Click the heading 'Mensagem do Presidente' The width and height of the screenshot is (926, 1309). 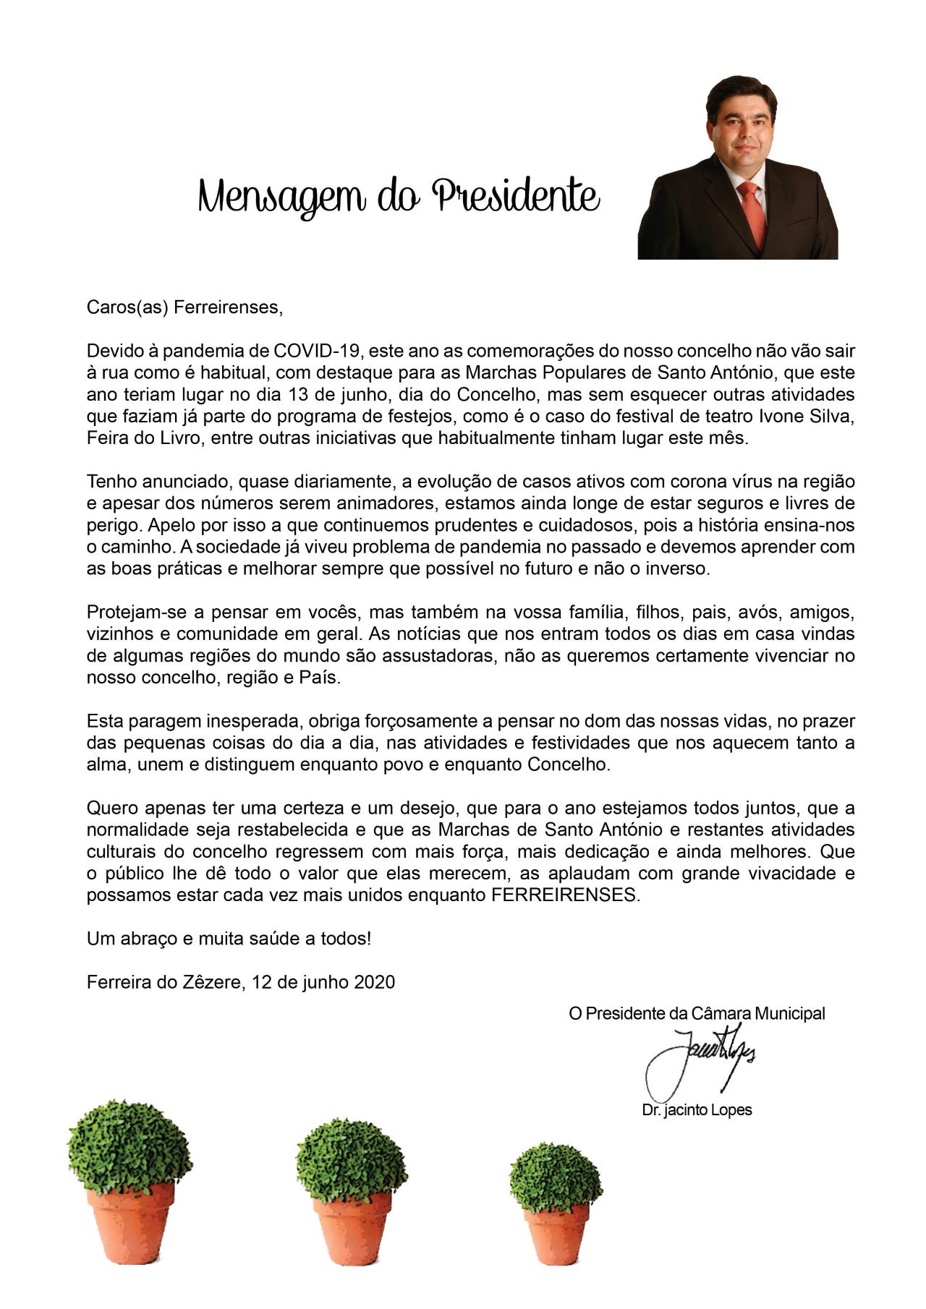(399, 197)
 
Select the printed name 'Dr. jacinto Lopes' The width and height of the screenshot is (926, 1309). (697, 1109)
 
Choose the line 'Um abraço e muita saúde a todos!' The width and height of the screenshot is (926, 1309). (229, 939)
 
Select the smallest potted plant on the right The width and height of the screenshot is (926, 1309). (554, 1201)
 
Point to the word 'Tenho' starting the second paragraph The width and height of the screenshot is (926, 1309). (109, 482)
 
